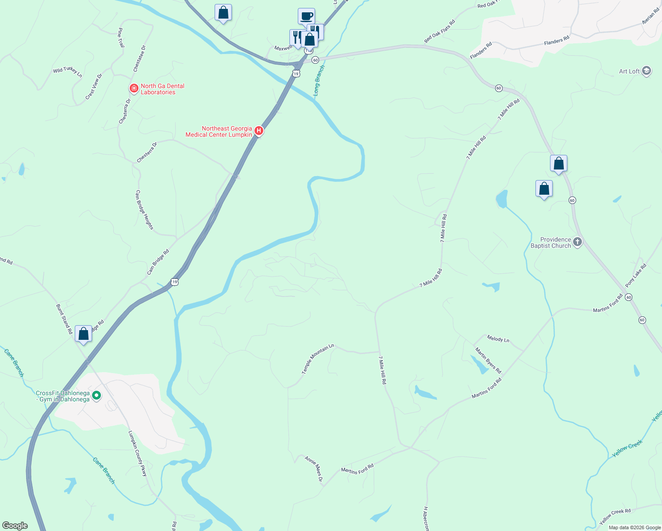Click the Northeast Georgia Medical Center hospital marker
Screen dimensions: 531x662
[259, 131]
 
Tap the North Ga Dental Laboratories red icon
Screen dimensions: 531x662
[134, 88]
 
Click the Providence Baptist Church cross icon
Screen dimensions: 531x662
[577, 242]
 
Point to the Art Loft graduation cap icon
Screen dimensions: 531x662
[646, 71]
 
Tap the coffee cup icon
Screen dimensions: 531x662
[306, 16]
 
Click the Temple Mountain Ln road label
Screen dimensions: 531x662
[317, 359]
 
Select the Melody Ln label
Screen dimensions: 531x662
[498, 339]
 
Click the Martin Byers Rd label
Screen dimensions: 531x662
[488, 360]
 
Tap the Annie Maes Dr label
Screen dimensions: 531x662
[314, 469]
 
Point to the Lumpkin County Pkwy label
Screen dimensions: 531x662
[137, 453]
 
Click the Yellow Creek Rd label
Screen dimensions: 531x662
[615, 517]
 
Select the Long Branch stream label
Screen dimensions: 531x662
[319, 81]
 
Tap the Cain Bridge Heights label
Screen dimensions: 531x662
[144, 210]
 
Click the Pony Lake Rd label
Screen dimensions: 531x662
[636, 275]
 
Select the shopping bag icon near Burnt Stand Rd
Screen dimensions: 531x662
[83, 334]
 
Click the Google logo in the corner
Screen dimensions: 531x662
[15, 525]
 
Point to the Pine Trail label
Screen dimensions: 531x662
[121, 38]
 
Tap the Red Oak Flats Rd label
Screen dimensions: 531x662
[439, 31]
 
